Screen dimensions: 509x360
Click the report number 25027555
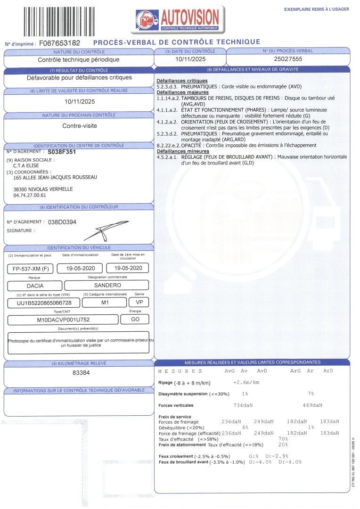click(287, 59)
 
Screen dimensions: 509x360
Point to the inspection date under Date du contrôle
click(190, 59)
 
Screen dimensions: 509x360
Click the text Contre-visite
click(79, 126)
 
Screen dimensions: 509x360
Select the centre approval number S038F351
click(62, 152)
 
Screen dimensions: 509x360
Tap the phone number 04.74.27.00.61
click(30, 195)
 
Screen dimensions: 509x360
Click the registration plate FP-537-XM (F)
click(29, 269)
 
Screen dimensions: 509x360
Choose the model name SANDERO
click(107, 285)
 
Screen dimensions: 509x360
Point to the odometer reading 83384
click(79, 373)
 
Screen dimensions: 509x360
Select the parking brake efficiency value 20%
click(283, 444)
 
